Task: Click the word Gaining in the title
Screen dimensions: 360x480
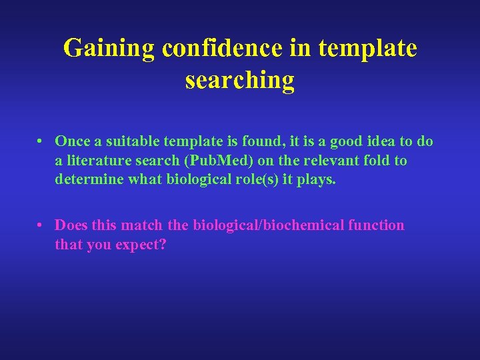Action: [x=109, y=49]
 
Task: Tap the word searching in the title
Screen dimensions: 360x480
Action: [x=239, y=80]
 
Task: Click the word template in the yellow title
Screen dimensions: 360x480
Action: [x=367, y=49]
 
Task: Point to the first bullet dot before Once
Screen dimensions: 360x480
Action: [x=41, y=141]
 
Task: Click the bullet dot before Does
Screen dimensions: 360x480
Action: [x=41, y=225]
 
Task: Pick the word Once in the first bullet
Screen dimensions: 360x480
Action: [x=71, y=141]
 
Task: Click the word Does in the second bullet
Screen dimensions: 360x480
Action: [x=71, y=225]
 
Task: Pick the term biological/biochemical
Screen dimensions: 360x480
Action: [x=268, y=225]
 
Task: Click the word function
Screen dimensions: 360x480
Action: [x=376, y=225]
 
